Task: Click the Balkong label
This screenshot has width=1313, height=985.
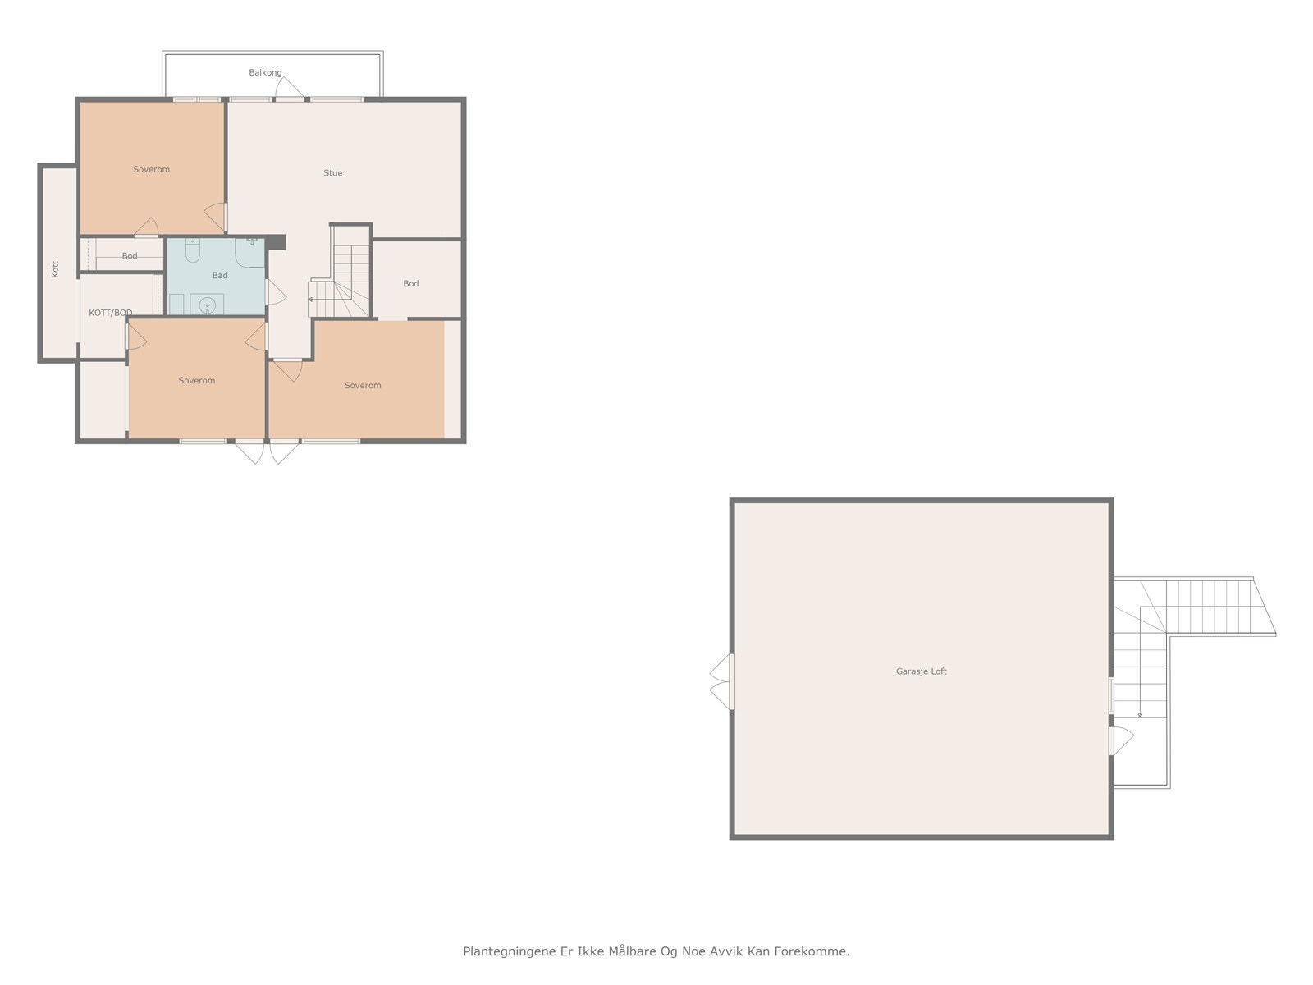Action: point(265,73)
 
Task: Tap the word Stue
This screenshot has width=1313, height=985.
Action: point(332,173)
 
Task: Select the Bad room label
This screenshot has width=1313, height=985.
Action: point(220,276)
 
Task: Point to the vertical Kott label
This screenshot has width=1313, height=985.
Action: point(56,268)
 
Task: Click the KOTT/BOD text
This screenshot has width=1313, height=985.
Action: point(111,313)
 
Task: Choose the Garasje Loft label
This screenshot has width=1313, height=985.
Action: point(921,671)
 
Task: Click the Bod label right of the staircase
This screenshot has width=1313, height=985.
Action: point(411,284)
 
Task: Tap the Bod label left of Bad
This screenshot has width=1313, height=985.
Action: point(130,256)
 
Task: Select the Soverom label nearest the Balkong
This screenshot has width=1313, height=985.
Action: point(151,170)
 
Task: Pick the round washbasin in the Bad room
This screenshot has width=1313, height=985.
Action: point(208,305)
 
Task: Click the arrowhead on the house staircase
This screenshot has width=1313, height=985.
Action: point(311,300)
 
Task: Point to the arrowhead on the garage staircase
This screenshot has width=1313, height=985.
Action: point(1140,716)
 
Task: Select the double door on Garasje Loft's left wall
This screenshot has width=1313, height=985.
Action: point(721,681)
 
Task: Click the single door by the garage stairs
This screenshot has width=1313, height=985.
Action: point(1120,740)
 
